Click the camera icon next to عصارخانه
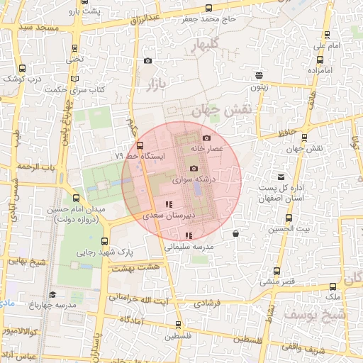(206, 138)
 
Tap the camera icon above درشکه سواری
(194, 168)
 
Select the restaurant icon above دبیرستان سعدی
(168, 204)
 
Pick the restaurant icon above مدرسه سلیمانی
(188, 235)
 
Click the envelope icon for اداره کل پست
(281, 176)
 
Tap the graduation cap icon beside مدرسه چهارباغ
(52, 294)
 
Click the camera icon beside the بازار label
(147, 61)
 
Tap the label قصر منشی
(274, 281)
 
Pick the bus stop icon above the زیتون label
(260, 74)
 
